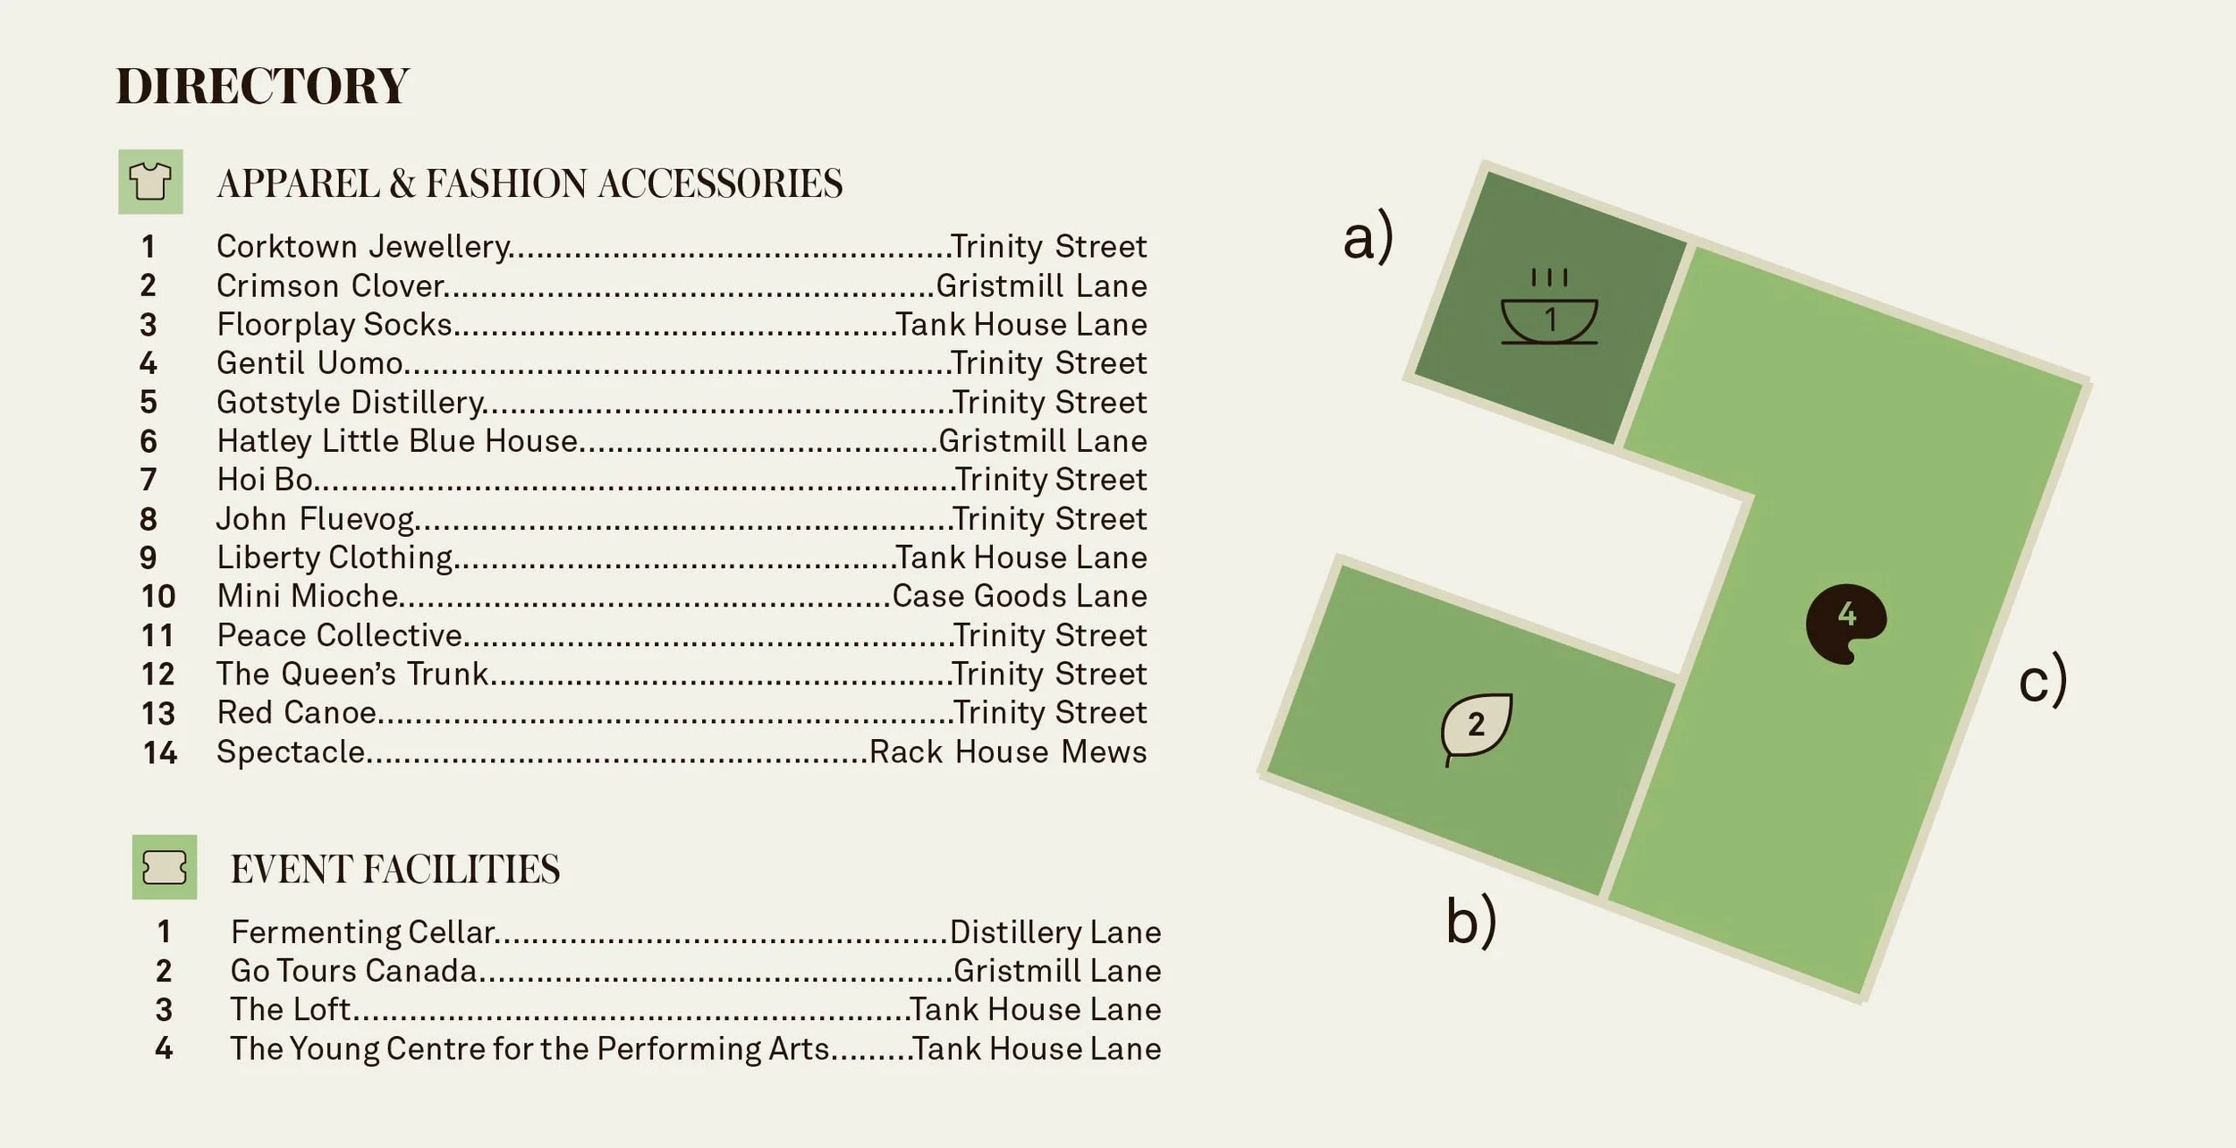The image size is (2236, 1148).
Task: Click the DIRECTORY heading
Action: click(x=262, y=86)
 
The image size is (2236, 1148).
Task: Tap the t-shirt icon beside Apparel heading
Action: click(x=150, y=182)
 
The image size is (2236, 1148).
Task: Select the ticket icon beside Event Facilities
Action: click(x=165, y=867)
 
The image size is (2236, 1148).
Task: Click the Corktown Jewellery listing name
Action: click(x=363, y=246)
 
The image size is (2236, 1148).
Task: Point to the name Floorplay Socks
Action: click(x=335, y=324)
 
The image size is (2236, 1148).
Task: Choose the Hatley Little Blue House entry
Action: click(x=397, y=440)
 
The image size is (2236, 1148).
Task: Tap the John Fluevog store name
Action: click(x=315, y=518)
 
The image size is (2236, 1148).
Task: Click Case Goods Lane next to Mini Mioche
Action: click(x=1020, y=596)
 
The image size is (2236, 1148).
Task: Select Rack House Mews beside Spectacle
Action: click(x=1008, y=752)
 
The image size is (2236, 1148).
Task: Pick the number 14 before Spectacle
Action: click(x=159, y=753)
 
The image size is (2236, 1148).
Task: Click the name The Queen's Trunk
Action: click(x=352, y=674)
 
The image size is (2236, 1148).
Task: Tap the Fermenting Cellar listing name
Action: click(x=362, y=932)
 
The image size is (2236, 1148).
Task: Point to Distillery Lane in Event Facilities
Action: click(x=1055, y=932)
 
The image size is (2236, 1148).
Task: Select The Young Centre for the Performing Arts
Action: click(x=529, y=1049)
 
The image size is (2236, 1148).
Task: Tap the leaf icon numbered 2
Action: click(x=1476, y=726)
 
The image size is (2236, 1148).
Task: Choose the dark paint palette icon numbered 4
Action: click(x=1845, y=622)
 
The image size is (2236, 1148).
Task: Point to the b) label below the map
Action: click(x=1470, y=920)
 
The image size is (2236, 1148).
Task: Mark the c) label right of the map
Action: click(x=2043, y=679)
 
